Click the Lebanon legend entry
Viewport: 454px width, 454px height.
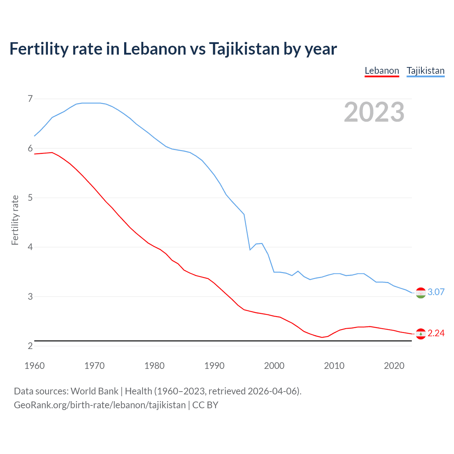(382, 71)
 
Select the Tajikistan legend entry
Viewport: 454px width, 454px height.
(425, 71)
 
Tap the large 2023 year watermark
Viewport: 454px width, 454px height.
(374, 112)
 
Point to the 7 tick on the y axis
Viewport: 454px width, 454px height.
(30, 99)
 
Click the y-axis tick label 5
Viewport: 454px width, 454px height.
(30, 198)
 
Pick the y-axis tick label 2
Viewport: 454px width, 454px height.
(30, 346)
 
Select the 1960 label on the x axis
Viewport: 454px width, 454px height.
(34, 366)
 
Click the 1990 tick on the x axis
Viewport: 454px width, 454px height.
(214, 366)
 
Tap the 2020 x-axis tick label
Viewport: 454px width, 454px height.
(394, 366)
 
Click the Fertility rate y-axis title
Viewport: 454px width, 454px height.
(15, 220)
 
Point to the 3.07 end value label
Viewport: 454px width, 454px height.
(436, 292)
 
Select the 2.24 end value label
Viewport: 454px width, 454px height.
(436, 333)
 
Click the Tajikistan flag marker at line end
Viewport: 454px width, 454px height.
(421, 293)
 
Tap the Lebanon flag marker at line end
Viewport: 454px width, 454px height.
(421, 334)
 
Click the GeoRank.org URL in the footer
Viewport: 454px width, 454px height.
(100, 405)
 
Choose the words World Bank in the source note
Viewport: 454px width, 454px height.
(94, 391)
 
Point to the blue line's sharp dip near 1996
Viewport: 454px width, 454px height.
(250, 250)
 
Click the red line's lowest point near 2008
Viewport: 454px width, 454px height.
(322, 337)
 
